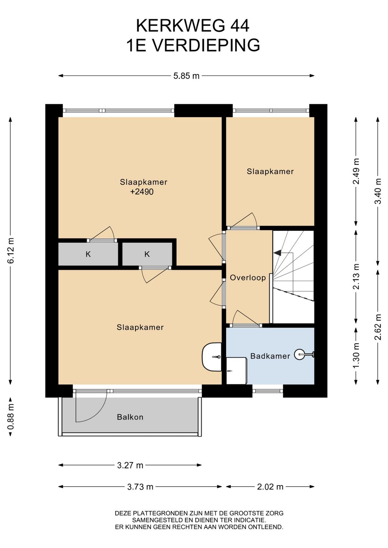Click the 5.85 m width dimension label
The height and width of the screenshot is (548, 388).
click(x=186, y=76)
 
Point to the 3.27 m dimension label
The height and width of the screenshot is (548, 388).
click(x=130, y=465)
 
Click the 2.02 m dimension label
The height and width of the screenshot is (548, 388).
click(x=270, y=487)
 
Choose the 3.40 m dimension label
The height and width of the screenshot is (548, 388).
click(x=378, y=191)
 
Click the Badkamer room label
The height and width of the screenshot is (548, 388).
click(x=270, y=356)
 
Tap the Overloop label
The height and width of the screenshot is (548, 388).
click(x=248, y=278)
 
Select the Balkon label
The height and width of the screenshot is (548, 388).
click(x=130, y=417)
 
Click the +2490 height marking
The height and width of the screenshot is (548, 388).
click(x=142, y=191)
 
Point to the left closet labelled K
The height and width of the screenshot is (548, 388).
click(x=88, y=254)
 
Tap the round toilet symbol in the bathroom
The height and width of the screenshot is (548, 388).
click(x=299, y=354)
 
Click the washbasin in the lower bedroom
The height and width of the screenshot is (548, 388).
click(x=212, y=357)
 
